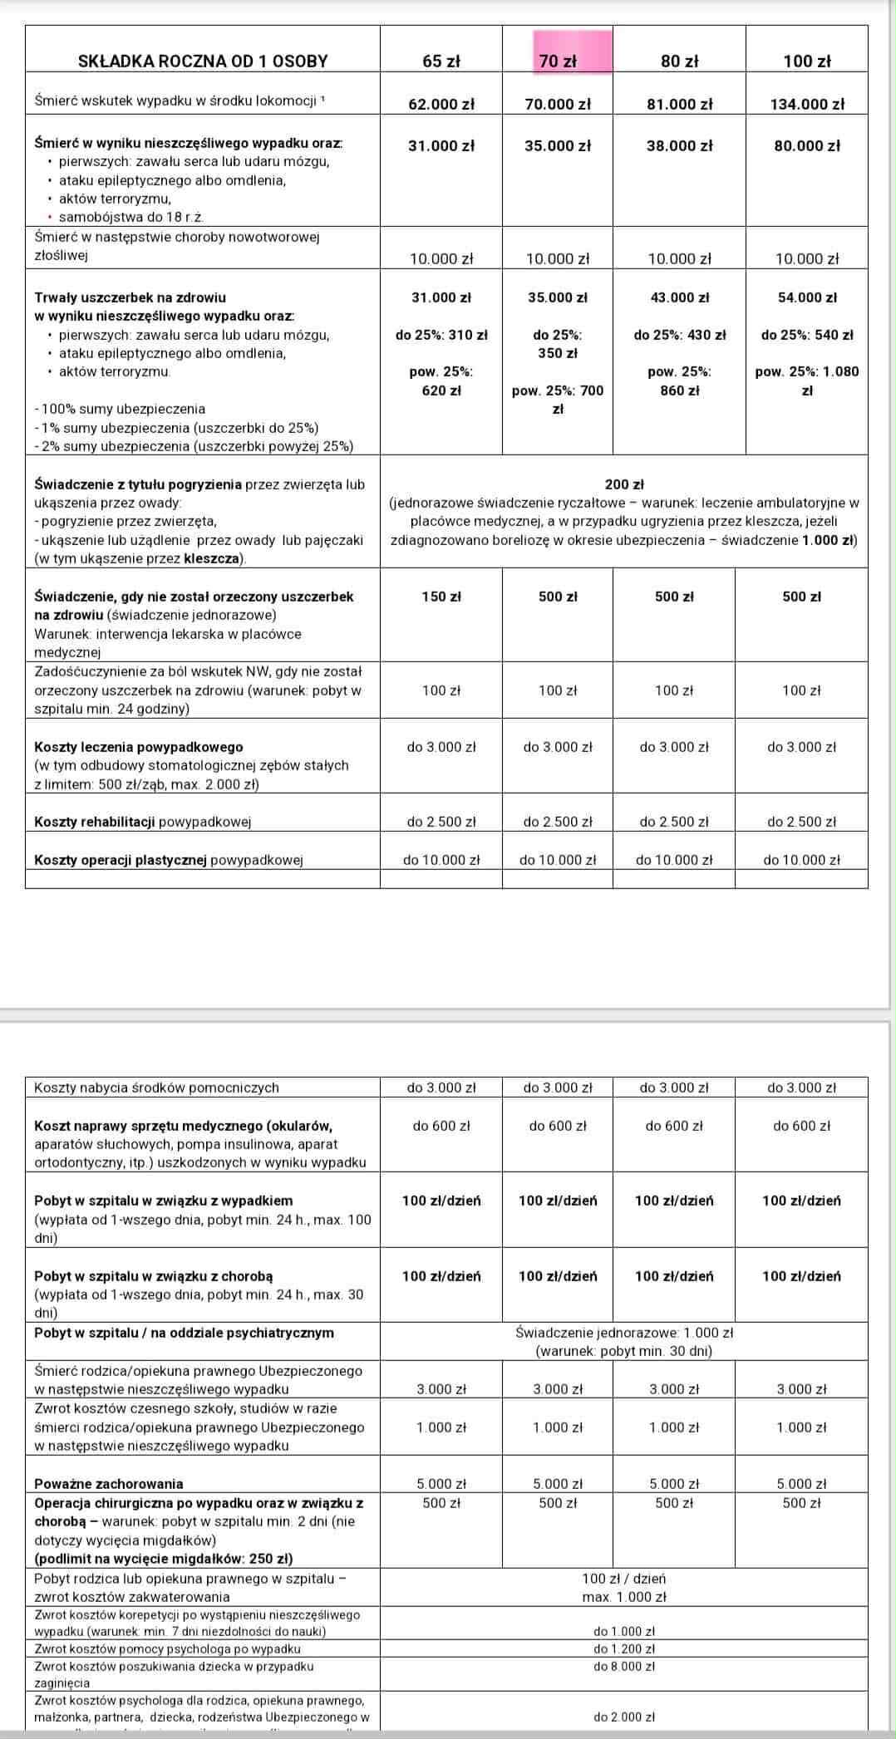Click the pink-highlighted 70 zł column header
(x=558, y=61)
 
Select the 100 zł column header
(x=806, y=61)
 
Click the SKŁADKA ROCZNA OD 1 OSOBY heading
(x=203, y=61)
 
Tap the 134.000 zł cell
(x=806, y=104)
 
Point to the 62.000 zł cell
(x=441, y=104)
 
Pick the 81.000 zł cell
(x=679, y=104)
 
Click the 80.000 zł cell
(x=806, y=145)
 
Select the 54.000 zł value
(x=806, y=297)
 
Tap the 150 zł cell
(x=441, y=597)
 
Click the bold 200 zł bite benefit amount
(x=624, y=484)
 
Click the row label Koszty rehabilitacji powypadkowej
(x=142, y=822)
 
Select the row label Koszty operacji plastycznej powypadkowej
(x=168, y=860)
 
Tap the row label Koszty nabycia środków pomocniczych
(x=156, y=1087)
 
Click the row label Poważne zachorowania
(x=109, y=1483)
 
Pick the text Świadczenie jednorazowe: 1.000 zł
(x=624, y=1333)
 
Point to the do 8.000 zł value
(x=624, y=1666)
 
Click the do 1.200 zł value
(x=624, y=1648)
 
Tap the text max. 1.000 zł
(x=624, y=1596)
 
